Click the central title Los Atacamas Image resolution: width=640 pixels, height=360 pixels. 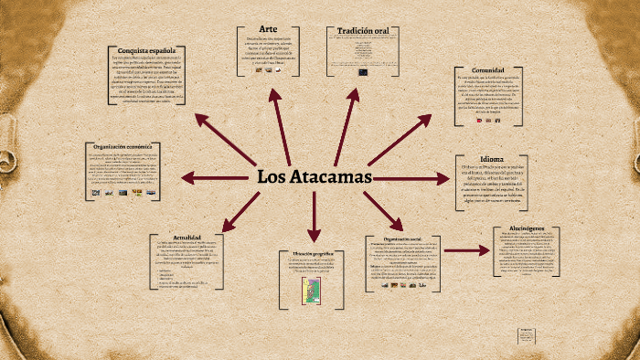(x=314, y=176)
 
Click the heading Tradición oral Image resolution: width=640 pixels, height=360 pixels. (x=363, y=31)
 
